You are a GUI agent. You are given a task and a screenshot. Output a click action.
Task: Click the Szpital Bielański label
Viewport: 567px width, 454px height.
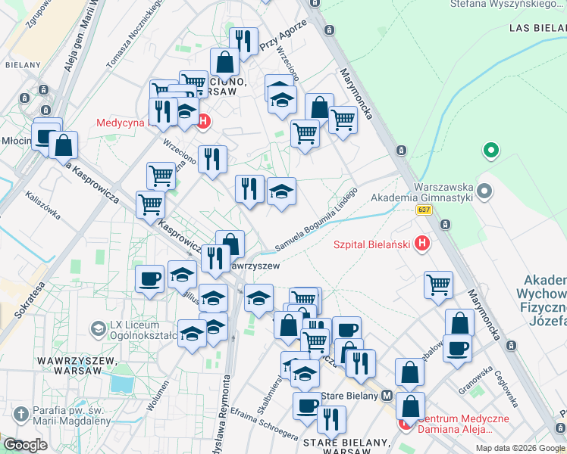coord(371,244)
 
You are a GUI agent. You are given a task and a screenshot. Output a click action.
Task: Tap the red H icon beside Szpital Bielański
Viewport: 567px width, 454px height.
coord(423,244)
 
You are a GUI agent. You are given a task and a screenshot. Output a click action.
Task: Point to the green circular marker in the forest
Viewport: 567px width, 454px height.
coord(490,151)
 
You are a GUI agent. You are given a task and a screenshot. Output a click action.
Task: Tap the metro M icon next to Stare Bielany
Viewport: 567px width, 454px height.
coord(387,396)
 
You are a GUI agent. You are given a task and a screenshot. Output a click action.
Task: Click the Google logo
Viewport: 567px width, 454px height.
coord(25,445)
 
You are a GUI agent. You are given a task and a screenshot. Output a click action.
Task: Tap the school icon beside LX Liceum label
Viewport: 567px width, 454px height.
coord(98,328)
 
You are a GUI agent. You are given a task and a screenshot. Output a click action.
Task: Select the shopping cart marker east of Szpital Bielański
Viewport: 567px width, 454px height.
coord(438,285)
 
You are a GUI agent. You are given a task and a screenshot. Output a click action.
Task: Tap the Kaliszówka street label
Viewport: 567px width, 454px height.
coord(42,204)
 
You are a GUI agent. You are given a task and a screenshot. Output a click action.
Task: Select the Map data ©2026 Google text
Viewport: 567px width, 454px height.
coord(519,448)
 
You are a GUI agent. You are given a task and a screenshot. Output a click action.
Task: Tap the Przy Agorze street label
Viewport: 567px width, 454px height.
coord(283,34)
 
